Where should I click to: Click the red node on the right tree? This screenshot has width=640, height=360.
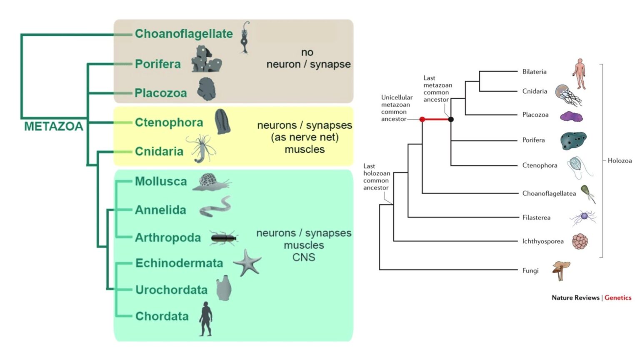coord(422,120)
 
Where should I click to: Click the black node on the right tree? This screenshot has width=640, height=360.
coord(451,120)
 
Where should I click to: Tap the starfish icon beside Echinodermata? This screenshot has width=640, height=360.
coord(247,262)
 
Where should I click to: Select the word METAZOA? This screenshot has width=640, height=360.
coord(53,126)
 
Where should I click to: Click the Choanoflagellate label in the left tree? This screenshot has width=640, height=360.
coord(183,34)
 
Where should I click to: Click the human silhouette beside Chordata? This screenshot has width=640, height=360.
coord(205,319)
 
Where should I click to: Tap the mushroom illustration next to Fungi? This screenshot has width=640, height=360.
coord(561,270)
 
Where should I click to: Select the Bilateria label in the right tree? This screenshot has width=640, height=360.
coord(534,72)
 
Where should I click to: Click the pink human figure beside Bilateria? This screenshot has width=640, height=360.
coord(579,74)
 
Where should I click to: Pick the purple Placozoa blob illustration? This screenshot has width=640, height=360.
coord(571,116)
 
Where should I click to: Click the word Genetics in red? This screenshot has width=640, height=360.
coord(618,297)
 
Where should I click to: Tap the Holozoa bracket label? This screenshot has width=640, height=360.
coord(620,160)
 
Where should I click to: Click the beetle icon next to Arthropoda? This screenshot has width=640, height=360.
coord(224,238)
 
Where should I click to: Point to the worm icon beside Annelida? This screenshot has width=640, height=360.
coord(215,207)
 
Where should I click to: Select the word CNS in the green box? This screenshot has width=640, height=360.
coord(304,257)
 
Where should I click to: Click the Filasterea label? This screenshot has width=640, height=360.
coord(536,217)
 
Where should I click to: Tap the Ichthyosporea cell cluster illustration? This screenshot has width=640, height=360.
coord(580,241)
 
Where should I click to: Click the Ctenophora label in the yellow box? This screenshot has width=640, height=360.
coord(169,122)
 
